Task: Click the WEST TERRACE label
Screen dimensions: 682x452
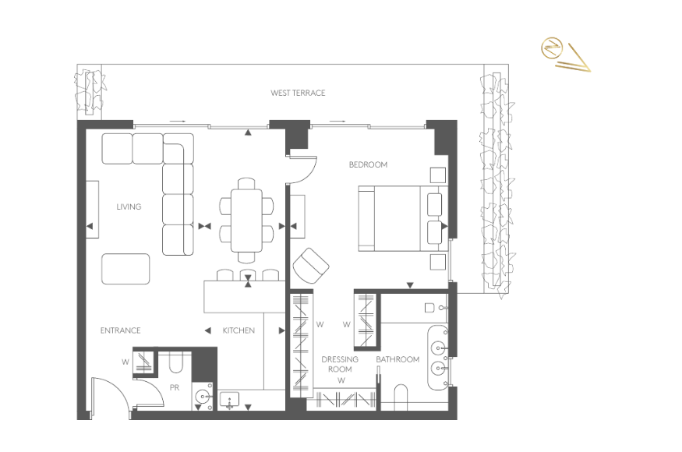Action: pyautogui.click(x=298, y=93)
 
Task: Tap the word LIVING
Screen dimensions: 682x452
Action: pyautogui.click(x=129, y=207)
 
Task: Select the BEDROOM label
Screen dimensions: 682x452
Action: pyautogui.click(x=368, y=164)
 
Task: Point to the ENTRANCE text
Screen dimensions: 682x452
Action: pyautogui.click(x=121, y=330)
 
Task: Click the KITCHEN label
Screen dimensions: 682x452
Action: pyautogui.click(x=239, y=330)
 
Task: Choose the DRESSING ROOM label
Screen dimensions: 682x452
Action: pyautogui.click(x=340, y=364)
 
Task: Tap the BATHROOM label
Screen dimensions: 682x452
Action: pyautogui.click(x=398, y=359)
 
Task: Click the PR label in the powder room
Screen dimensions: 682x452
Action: pyautogui.click(x=175, y=387)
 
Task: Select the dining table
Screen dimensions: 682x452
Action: pyautogui.click(x=246, y=220)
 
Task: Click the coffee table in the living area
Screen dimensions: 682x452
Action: pyautogui.click(x=125, y=269)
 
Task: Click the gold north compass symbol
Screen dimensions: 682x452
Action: pyautogui.click(x=552, y=48)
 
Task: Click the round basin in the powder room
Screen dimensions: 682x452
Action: pyautogui.click(x=203, y=397)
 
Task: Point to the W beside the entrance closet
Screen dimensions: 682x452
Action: pyautogui.click(x=125, y=362)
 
